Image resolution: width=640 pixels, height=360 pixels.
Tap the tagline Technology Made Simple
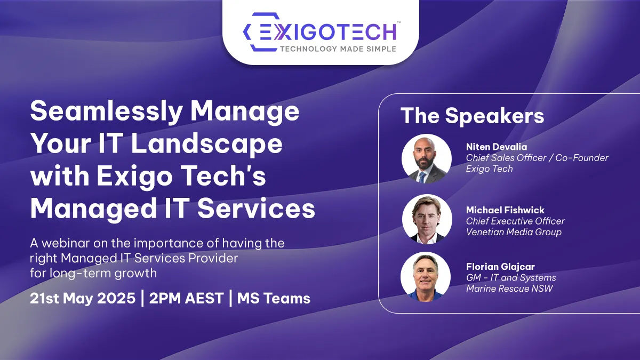tap(338, 49)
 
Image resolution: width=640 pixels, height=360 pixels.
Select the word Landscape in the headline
tap(207, 143)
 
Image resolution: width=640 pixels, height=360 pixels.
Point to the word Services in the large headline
tap(257, 209)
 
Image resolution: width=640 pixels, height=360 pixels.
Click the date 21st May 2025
tap(83, 298)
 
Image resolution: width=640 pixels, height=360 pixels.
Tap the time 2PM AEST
tap(186, 298)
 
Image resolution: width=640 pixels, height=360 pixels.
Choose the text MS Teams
tap(274, 298)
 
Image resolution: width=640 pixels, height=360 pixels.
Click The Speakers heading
tap(473, 116)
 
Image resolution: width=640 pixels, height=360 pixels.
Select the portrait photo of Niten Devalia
tap(427, 158)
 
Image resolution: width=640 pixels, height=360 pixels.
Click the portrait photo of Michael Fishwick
tap(427, 219)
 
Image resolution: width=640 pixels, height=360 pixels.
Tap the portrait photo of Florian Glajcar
tap(426, 277)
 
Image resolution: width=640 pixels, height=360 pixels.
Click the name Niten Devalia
tap(497, 147)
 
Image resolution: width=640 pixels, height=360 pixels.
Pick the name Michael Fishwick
tap(505, 210)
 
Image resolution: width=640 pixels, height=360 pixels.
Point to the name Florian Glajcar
tap(500, 267)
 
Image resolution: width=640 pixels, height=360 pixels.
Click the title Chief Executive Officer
tap(515, 221)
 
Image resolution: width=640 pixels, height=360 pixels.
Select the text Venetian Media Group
tap(514, 232)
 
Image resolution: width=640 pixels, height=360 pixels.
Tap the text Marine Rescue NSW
tap(509, 289)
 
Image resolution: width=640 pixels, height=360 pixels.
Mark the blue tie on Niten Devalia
tap(422, 177)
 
